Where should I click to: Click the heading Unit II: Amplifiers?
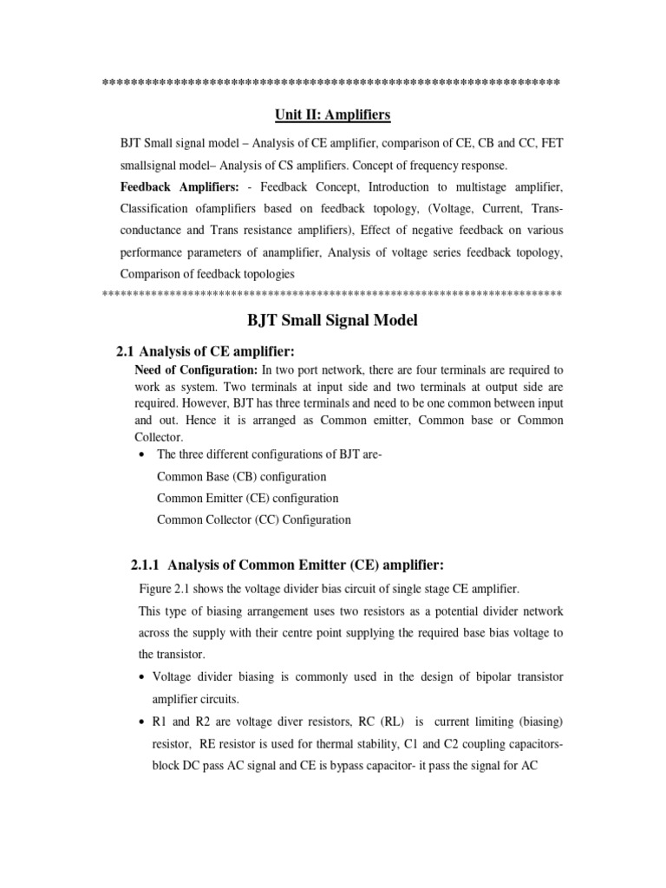tap(333, 114)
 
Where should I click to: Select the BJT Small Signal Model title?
tap(333, 321)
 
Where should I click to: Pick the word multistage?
tap(484, 187)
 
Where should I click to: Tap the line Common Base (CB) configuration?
tap(241, 476)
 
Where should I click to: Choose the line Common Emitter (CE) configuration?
tap(247, 498)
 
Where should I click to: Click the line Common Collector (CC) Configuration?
tap(253, 519)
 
